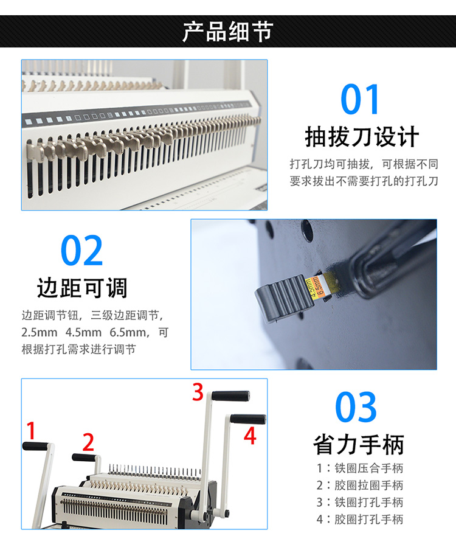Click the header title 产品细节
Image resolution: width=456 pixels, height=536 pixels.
click(228, 32)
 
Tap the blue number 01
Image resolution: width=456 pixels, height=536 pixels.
click(360, 100)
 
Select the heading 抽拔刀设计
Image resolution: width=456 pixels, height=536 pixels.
click(362, 137)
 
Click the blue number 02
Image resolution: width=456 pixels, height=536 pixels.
click(81, 251)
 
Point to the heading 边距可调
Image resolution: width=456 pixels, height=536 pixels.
click(82, 288)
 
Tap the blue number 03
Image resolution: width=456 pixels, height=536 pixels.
click(356, 407)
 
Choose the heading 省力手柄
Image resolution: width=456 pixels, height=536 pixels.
click(359, 444)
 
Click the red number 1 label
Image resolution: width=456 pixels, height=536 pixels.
click(32, 430)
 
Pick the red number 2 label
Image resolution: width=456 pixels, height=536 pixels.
click(88, 442)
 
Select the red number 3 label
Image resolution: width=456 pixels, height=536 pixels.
click(198, 392)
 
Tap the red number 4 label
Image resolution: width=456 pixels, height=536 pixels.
click(250, 436)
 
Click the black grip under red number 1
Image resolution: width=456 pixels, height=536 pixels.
click(35, 446)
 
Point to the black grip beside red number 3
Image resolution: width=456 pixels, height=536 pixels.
click(230, 396)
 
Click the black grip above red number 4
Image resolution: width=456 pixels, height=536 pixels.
click(248, 419)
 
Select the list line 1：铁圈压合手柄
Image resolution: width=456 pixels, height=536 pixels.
click(360, 468)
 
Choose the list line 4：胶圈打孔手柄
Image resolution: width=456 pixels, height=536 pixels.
click(360, 519)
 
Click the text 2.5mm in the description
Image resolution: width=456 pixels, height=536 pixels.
click(40, 332)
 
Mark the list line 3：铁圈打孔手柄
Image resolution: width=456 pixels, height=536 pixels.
click(360, 502)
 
